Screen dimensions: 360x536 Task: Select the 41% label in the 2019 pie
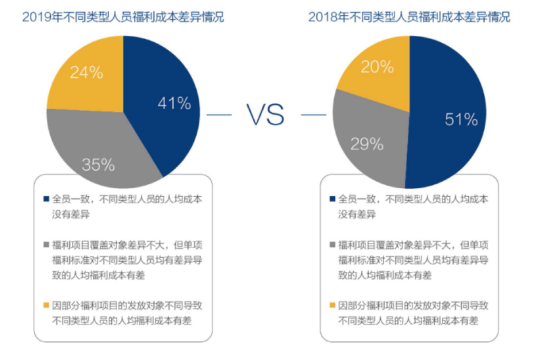[x=174, y=103]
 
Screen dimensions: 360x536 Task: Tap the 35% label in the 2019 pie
[x=98, y=165]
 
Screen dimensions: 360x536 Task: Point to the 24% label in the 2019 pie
[x=86, y=73]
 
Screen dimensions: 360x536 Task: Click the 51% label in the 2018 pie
[x=461, y=119]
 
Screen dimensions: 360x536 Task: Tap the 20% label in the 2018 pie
[x=377, y=67]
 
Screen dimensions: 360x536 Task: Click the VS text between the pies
[x=266, y=115]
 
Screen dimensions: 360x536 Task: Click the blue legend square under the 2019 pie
[x=46, y=199]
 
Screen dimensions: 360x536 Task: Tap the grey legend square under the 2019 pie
[x=46, y=245]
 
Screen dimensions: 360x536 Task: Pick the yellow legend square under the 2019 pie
[x=46, y=305]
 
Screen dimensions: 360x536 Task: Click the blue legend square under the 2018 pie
[x=332, y=199]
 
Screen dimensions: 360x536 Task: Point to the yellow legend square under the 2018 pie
[x=332, y=305]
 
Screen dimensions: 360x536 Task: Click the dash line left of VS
[x=219, y=115]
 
